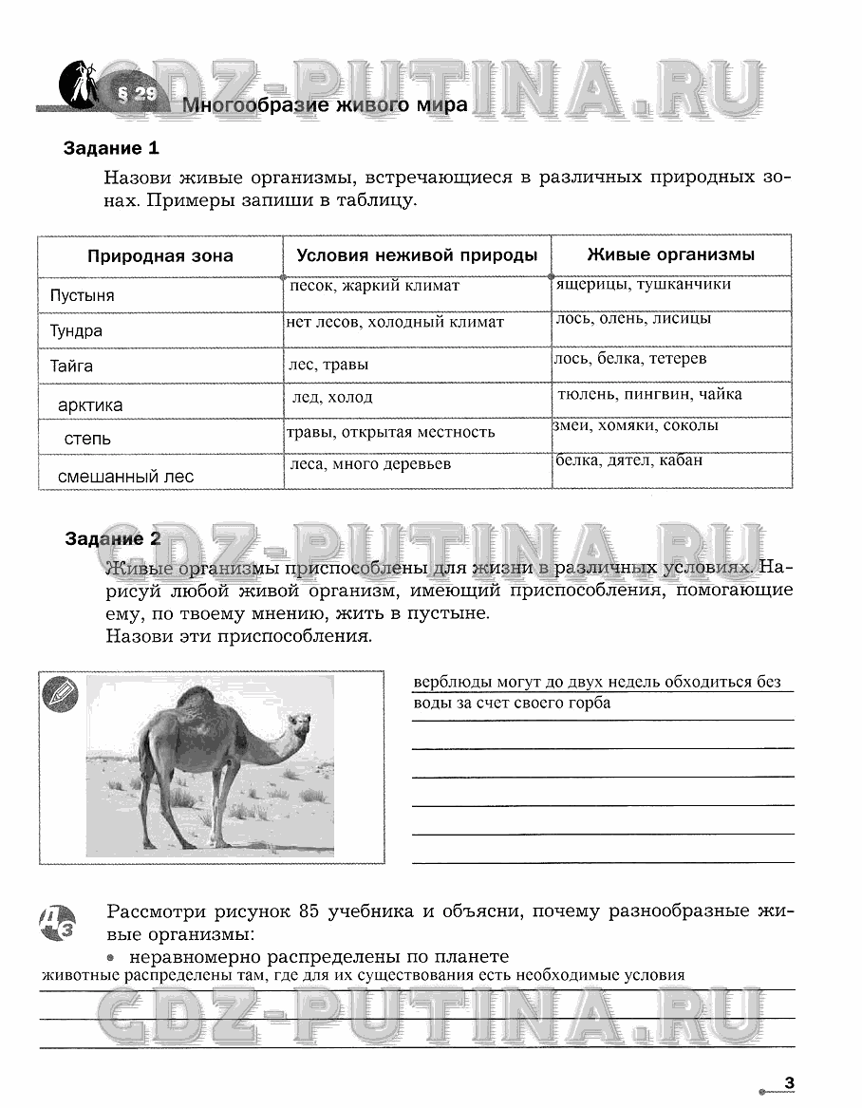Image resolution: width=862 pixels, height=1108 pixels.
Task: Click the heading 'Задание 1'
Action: [111, 148]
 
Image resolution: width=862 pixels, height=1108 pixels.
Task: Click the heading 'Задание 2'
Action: [113, 539]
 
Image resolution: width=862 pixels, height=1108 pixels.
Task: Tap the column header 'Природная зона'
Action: [160, 256]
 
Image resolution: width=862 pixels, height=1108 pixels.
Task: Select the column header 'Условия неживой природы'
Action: [417, 255]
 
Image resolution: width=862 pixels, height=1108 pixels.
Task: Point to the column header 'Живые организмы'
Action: [671, 254]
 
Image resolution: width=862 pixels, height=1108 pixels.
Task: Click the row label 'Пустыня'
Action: [83, 295]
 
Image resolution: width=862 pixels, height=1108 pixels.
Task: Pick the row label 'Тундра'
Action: [76, 331]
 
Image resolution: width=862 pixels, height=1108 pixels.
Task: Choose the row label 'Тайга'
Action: [72, 366]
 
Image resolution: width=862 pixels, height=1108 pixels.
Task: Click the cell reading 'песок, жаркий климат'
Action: [374, 286]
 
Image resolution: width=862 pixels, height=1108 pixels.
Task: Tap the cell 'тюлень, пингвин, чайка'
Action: [649, 394]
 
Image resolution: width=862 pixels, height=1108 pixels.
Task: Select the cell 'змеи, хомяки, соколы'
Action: [635, 425]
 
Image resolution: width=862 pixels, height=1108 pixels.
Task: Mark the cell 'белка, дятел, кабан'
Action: [629, 460]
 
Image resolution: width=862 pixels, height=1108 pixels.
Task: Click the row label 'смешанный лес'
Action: [125, 477]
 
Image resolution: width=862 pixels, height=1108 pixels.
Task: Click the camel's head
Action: [299, 727]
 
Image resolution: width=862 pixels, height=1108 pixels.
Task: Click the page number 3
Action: [789, 1083]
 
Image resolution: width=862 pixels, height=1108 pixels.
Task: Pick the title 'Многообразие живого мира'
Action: [325, 104]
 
